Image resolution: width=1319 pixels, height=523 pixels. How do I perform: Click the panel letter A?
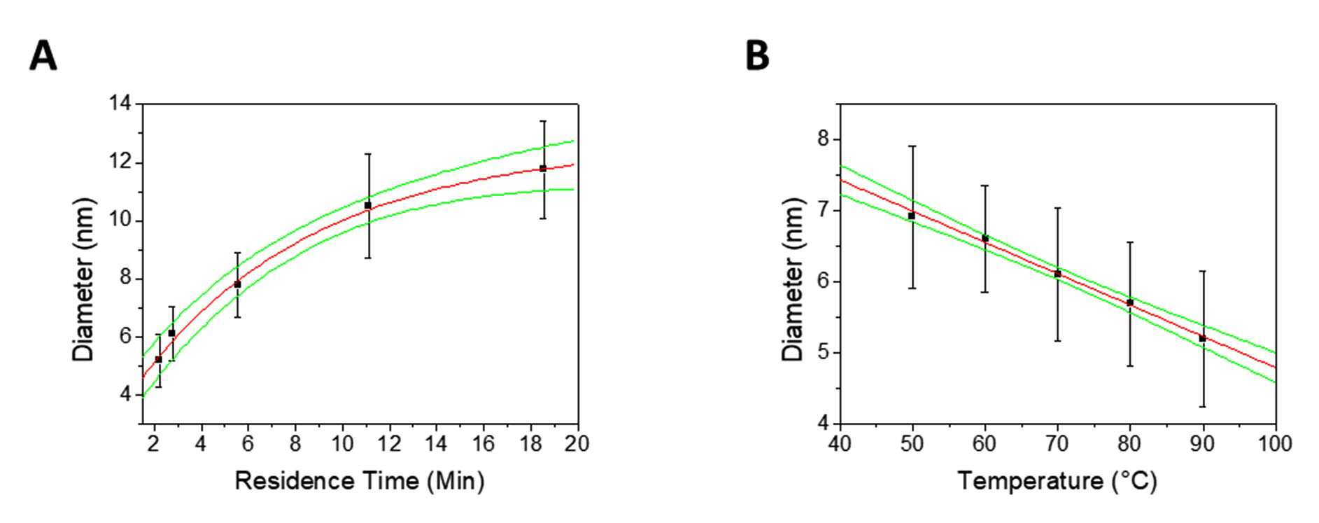tap(43, 56)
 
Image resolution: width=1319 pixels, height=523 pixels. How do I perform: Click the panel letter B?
tap(758, 56)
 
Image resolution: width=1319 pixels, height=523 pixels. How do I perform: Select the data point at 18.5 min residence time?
tap(543, 168)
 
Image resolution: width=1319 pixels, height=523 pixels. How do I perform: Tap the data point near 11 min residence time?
tap(368, 205)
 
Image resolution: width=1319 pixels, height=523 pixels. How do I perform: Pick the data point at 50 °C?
tap(912, 216)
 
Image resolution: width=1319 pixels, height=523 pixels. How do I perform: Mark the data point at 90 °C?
tap(1203, 338)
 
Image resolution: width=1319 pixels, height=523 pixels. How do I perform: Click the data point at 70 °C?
tap(1057, 274)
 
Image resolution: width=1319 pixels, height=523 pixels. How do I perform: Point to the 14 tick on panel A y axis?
tap(120, 104)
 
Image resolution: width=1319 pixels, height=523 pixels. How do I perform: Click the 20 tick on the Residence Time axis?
tap(577, 443)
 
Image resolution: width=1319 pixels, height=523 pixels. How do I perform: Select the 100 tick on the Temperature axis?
tap(1276, 443)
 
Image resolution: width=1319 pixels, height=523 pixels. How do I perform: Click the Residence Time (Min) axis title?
tap(360, 481)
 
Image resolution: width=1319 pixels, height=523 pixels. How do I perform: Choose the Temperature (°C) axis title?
tap(1057, 481)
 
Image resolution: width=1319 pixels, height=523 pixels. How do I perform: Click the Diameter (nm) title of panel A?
tap(83, 280)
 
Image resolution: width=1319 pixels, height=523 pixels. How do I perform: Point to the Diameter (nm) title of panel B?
tap(793, 280)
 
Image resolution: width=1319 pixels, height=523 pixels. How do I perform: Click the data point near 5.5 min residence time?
tap(237, 284)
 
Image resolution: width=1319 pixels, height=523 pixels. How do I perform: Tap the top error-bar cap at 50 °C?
tap(912, 146)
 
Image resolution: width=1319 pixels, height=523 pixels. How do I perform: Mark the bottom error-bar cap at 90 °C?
tap(1203, 407)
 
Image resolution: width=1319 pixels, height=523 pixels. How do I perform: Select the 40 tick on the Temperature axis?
tap(840, 443)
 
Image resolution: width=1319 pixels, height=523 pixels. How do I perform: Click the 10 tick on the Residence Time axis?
tap(342, 443)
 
